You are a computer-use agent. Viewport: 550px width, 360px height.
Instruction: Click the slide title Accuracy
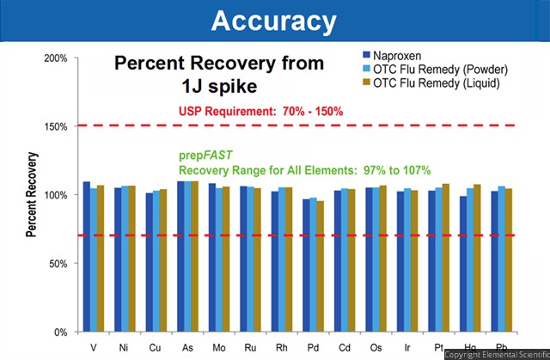click(x=273, y=21)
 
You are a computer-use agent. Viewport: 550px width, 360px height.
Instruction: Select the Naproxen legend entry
click(x=392, y=55)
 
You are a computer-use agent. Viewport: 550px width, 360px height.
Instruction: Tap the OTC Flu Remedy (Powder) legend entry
click(x=435, y=69)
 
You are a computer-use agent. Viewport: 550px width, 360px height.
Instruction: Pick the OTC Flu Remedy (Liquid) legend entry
click(x=431, y=82)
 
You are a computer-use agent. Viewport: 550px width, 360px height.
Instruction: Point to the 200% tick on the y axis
click(x=56, y=58)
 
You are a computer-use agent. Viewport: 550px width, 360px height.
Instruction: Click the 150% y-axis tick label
click(x=56, y=126)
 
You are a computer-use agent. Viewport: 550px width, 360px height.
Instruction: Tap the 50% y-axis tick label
click(x=58, y=264)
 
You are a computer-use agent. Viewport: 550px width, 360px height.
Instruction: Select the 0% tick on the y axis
click(x=61, y=332)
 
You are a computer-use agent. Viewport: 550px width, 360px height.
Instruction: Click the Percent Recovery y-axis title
click(x=31, y=194)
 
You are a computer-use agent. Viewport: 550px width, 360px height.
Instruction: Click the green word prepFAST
click(x=205, y=156)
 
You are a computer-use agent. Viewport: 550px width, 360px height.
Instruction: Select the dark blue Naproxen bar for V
click(x=86, y=257)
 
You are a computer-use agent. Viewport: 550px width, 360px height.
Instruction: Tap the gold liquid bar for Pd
click(x=321, y=266)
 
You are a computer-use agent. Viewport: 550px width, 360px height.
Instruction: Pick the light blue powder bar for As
click(x=187, y=256)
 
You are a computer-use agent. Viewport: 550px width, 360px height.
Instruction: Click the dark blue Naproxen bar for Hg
click(x=463, y=264)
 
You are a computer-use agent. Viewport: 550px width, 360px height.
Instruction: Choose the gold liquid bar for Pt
click(x=446, y=258)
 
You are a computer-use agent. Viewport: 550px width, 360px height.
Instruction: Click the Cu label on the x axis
click(x=155, y=348)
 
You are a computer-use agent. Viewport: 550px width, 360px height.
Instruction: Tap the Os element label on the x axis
click(x=376, y=348)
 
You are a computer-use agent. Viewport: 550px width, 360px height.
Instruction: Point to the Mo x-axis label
click(x=219, y=348)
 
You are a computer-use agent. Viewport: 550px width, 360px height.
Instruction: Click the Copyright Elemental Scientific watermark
click(x=497, y=354)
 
